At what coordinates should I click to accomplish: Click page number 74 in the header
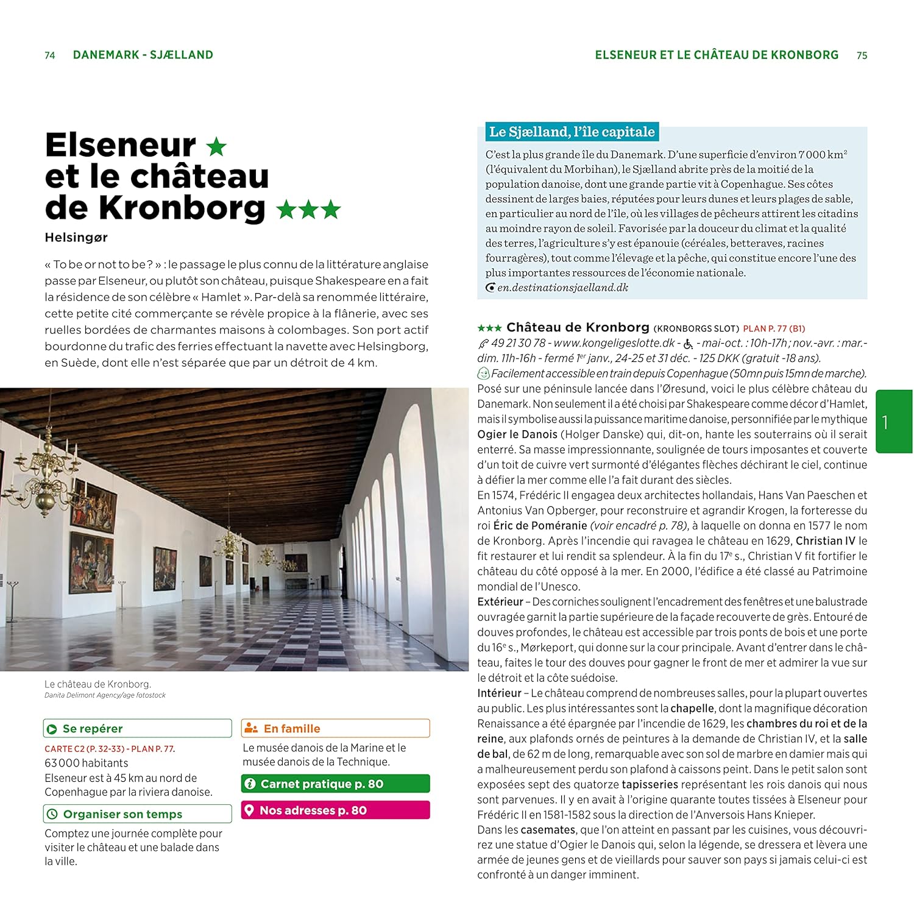[x=50, y=55]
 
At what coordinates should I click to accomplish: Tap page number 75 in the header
[x=862, y=55]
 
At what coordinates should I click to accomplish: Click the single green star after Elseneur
[x=216, y=146]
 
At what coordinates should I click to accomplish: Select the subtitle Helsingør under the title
[x=76, y=238]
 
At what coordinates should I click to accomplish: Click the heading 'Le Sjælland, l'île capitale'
[x=572, y=132]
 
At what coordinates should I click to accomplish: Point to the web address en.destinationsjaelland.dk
[x=562, y=288]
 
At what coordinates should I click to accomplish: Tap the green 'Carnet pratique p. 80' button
[x=335, y=784]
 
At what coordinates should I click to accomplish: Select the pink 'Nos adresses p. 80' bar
[x=335, y=810]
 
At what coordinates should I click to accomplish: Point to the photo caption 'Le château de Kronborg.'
[x=97, y=684]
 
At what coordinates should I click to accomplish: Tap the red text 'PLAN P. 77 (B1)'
[x=774, y=328]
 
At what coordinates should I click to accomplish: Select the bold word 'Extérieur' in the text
[x=500, y=602]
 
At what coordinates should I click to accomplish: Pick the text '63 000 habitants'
[x=87, y=763]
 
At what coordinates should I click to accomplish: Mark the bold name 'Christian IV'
[x=825, y=541]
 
